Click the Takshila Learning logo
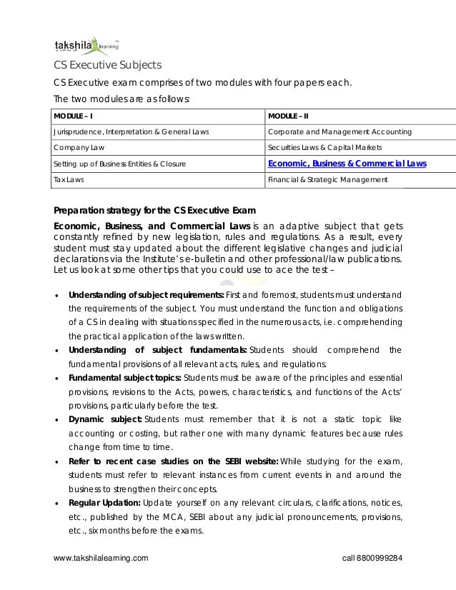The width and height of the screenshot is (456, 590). coord(81,46)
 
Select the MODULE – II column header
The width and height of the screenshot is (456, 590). coord(288,116)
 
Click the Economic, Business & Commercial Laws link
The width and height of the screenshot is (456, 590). coord(347,164)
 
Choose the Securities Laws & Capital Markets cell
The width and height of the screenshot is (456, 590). coord(325,147)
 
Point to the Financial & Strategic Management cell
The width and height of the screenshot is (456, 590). coord(327,180)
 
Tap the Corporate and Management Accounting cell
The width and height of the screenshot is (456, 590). coord(339,131)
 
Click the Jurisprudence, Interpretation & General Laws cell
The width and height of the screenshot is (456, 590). coord(132,131)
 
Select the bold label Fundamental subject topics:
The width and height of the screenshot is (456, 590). coord(124,377)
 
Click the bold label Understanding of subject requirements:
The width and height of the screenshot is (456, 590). coord(146,295)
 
